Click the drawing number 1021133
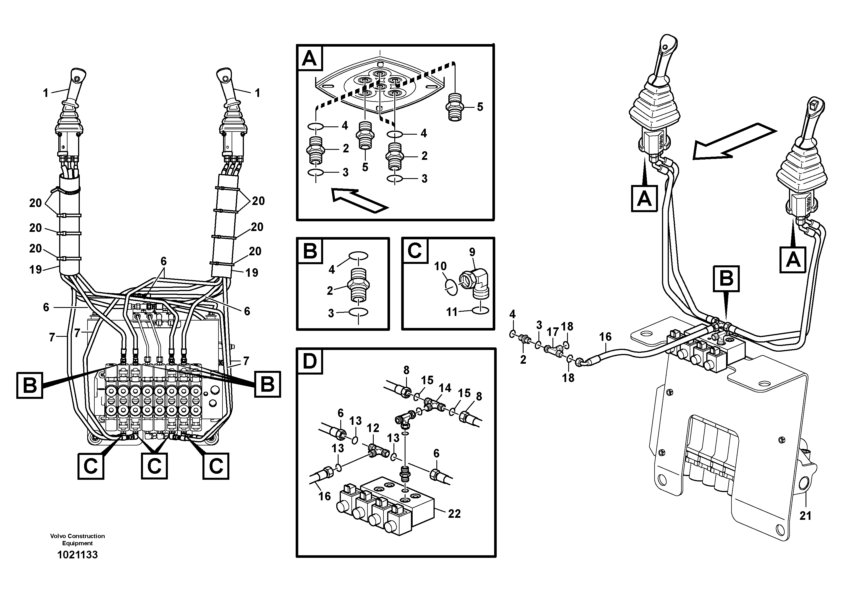click(77, 554)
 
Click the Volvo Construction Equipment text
click(77, 540)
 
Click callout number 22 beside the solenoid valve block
click(454, 514)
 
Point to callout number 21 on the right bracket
click(805, 516)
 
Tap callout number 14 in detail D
click(445, 388)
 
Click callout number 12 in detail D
click(373, 428)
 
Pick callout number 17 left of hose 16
click(552, 332)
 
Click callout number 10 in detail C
click(440, 266)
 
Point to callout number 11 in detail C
click(452, 312)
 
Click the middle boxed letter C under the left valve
click(154, 466)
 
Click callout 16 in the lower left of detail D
click(325, 496)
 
